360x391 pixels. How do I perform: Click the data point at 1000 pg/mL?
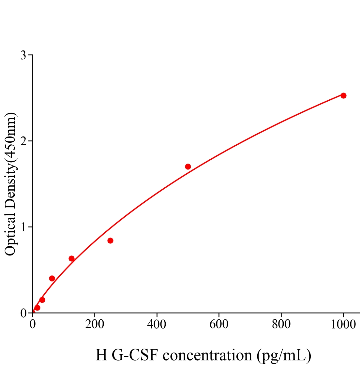click(x=343, y=95)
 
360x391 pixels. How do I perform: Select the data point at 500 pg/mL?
click(x=188, y=167)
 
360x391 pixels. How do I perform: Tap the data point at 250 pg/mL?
click(x=110, y=240)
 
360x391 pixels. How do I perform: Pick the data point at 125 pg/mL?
click(x=71, y=258)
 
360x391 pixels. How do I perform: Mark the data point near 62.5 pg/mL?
click(x=52, y=278)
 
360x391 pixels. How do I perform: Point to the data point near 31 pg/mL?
click(x=42, y=300)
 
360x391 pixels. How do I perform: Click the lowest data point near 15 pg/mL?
click(x=37, y=308)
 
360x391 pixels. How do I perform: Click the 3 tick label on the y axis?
click(x=23, y=55)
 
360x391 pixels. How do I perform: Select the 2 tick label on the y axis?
click(x=23, y=141)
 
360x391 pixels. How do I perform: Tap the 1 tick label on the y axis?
click(x=23, y=227)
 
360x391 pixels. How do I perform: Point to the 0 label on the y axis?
click(x=23, y=313)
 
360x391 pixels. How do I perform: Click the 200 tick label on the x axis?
click(x=95, y=325)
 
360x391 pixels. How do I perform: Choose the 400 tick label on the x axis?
click(x=157, y=325)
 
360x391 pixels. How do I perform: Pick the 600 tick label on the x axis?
click(x=219, y=325)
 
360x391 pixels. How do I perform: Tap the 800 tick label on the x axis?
click(x=281, y=325)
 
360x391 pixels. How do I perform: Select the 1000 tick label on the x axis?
click(x=343, y=325)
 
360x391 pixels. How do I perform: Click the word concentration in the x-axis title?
click(x=207, y=355)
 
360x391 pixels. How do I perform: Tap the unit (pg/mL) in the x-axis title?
click(x=284, y=355)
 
